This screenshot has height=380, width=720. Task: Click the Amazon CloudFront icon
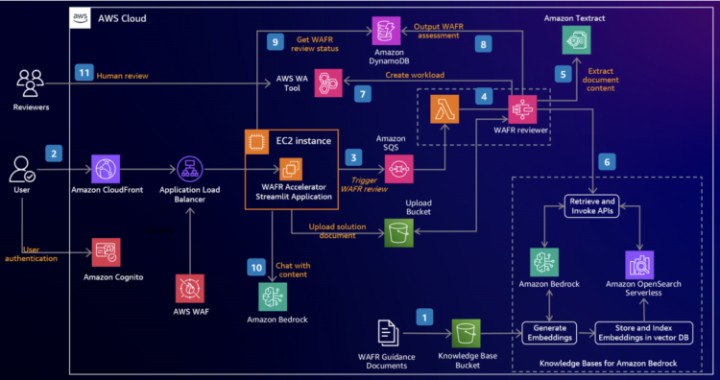(x=108, y=168)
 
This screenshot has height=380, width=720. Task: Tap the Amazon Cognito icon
(x=108, y=252)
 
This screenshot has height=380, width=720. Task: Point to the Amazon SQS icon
(x=398, y=169)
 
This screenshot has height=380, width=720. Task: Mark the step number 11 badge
(x=84, y=72)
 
